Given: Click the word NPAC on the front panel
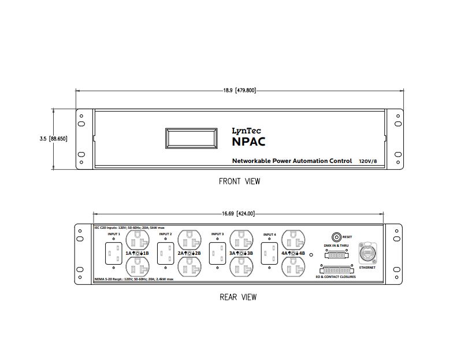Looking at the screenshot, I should pyautogui.click(x=248, y=142).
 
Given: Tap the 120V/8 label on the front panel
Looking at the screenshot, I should pyautogui.click(x=369, y=161).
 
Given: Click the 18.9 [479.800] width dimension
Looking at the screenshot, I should pyautogui.click(x=239, y=90).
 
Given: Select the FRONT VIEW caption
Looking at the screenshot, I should pyautogui.click(x=239, y=181).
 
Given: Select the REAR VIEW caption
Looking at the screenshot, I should pyautogui.click(x=238, y=297).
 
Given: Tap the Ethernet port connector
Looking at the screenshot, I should pyautogui.click(x=367, y=253).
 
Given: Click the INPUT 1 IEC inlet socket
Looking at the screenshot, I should pyautogui.click(x=113, y=253).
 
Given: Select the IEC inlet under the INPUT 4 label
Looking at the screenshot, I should pyautogui.click(x=269, y=253).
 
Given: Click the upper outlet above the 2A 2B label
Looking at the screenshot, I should pyautogui.click(x=189, y=240).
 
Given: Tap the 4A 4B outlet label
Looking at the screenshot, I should pyautogui.click(x=293, y=254).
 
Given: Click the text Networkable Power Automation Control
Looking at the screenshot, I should pyautogui.click(x=291, y=161).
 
